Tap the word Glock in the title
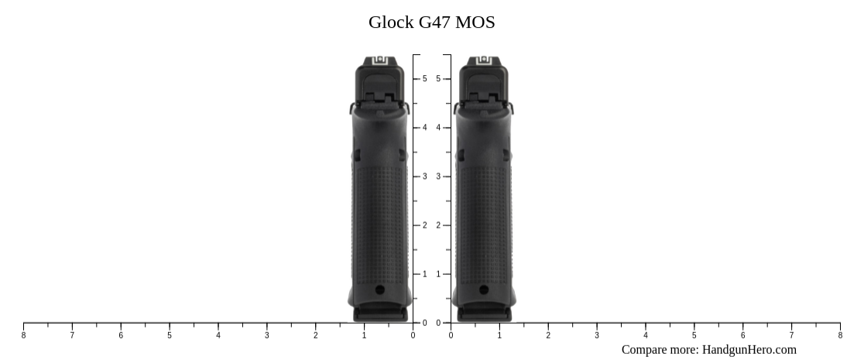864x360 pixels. click(x=391, y=22)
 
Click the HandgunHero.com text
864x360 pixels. click(x=749, y=350)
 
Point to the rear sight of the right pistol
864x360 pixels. click(x=484, y=60)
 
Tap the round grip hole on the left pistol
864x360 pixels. click(x=379, y=290)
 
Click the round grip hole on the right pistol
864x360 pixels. click(x=484, y=290)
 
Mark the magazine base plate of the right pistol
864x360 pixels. click(x=484, y=314)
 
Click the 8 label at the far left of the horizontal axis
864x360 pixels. click(x=23, y=335)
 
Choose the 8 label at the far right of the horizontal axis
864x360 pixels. click(x=840, y=335)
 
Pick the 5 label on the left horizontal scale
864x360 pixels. click(x=170, y=335)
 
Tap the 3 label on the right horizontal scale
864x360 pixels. click(x=597, y=335)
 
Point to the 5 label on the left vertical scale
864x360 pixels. click(x=424, y=79)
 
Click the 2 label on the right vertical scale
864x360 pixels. click(x=438, y=225)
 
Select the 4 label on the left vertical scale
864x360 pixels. click(x=424, y=128)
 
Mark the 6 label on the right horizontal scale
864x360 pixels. click(x=742, y=335)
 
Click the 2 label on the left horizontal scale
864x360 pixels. click(x=315, y=335)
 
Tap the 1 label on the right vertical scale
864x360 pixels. click(x=438, y=274)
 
